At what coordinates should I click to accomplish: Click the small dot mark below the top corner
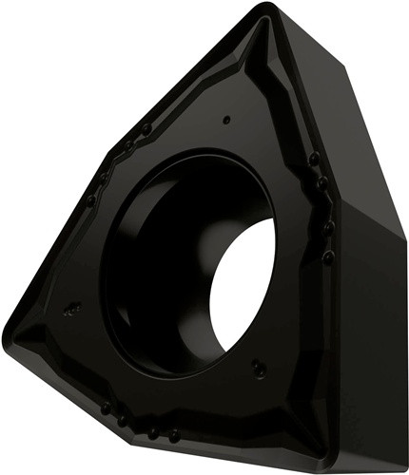pos(226,120)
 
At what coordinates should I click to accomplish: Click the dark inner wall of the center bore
pos(152,266)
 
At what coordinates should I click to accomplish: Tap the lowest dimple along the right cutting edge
pos(328,256)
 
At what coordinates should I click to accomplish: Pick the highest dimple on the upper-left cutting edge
pos(146,128)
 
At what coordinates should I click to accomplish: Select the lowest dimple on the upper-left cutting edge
pos(90,200)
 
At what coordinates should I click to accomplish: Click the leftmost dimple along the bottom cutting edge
pos(106,407)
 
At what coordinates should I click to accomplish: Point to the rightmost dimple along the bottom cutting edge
pos(173,434)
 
